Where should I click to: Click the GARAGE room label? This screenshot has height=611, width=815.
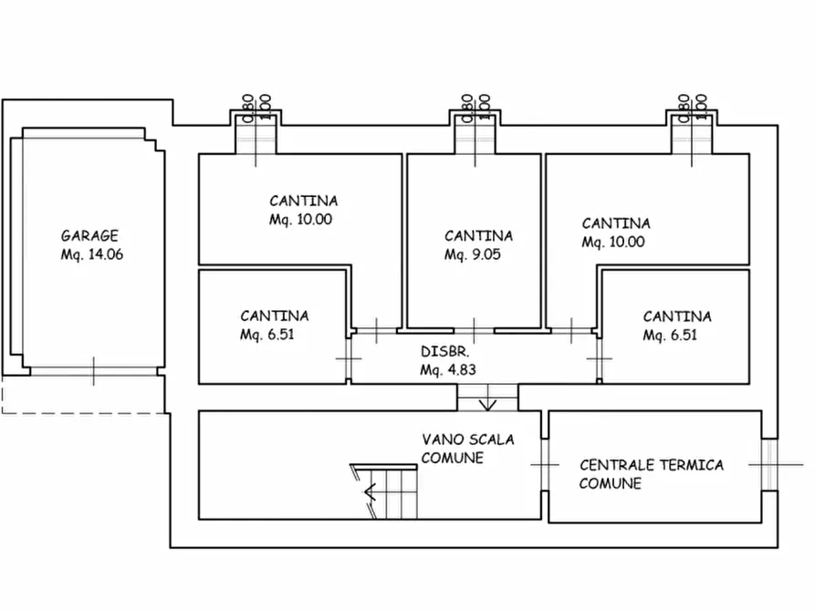click(x=89, y=235)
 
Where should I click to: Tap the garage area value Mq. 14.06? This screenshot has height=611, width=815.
click(x=91, y=254)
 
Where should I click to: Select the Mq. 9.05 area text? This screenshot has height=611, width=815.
click(x=472, y=254)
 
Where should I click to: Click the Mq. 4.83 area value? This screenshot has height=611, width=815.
click(x=448, y=370)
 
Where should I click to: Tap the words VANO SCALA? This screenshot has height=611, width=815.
click(x=468, y=440)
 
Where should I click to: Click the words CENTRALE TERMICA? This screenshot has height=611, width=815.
click(x=652, y=464)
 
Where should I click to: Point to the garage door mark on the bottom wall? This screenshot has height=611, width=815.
click(x=93, y=371)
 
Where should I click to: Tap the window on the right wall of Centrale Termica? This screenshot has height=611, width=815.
click(x=768, y=464)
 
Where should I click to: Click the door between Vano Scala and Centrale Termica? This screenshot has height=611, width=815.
click(x=545, y=464)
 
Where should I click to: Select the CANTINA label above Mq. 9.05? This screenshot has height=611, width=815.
click(x=478, y=235)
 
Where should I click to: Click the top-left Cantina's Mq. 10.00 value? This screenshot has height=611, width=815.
click(x=300, y=220)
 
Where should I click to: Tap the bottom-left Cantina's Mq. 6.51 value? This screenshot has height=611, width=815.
click(x=267, y=335)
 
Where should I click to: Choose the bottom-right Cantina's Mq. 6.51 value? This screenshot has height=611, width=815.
click(x=670, y=335)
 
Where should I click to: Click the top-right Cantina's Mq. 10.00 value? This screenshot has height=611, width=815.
click(x=613, y=242)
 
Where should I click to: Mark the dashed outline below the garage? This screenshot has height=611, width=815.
click(x=82, y=401)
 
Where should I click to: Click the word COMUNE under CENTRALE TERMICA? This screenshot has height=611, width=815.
click(x=610, y=483)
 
